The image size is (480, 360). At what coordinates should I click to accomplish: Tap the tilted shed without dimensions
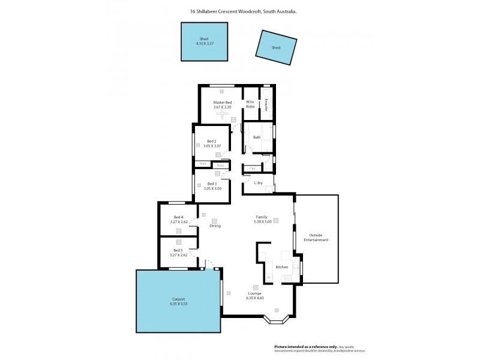(x=276, y=47)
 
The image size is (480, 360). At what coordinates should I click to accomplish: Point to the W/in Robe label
(x=250, y=104)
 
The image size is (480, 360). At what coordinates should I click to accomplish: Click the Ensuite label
(x=266, y=104)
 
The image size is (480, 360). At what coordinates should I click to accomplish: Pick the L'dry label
(x=259, y=182)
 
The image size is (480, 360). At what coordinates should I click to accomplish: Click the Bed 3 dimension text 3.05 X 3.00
(x=212, y=188)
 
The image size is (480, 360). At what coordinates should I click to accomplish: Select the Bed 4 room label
(x=178, y=217)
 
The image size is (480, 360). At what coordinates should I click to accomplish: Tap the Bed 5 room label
(x=178, y=250)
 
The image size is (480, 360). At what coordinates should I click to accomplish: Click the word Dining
(x=215, y=226)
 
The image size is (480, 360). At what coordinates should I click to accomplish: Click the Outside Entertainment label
(x=316, y=237)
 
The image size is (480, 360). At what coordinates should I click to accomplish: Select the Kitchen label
(x=282, y=266)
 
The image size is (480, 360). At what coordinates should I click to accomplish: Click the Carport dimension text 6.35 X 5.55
(x=178, y=304)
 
